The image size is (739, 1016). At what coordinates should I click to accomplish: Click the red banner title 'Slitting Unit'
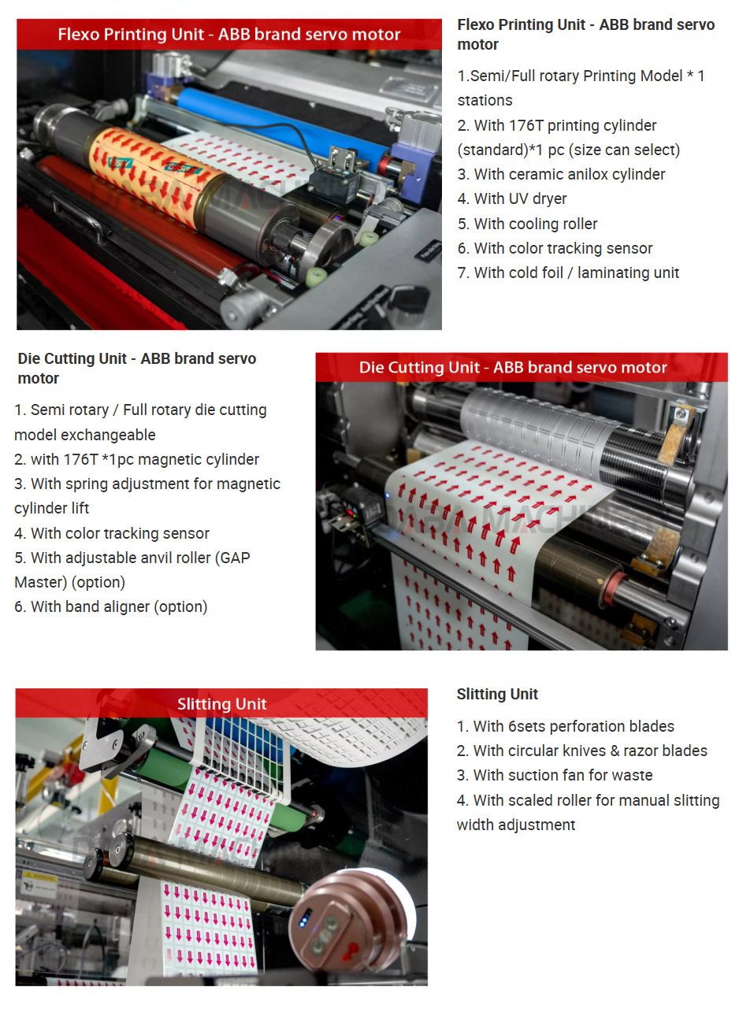click(x=221, y=704)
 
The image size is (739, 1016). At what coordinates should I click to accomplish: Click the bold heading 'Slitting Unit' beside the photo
click(x=497, y=694)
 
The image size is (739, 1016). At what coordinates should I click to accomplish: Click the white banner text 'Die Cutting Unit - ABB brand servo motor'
click(x=513, y=367)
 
